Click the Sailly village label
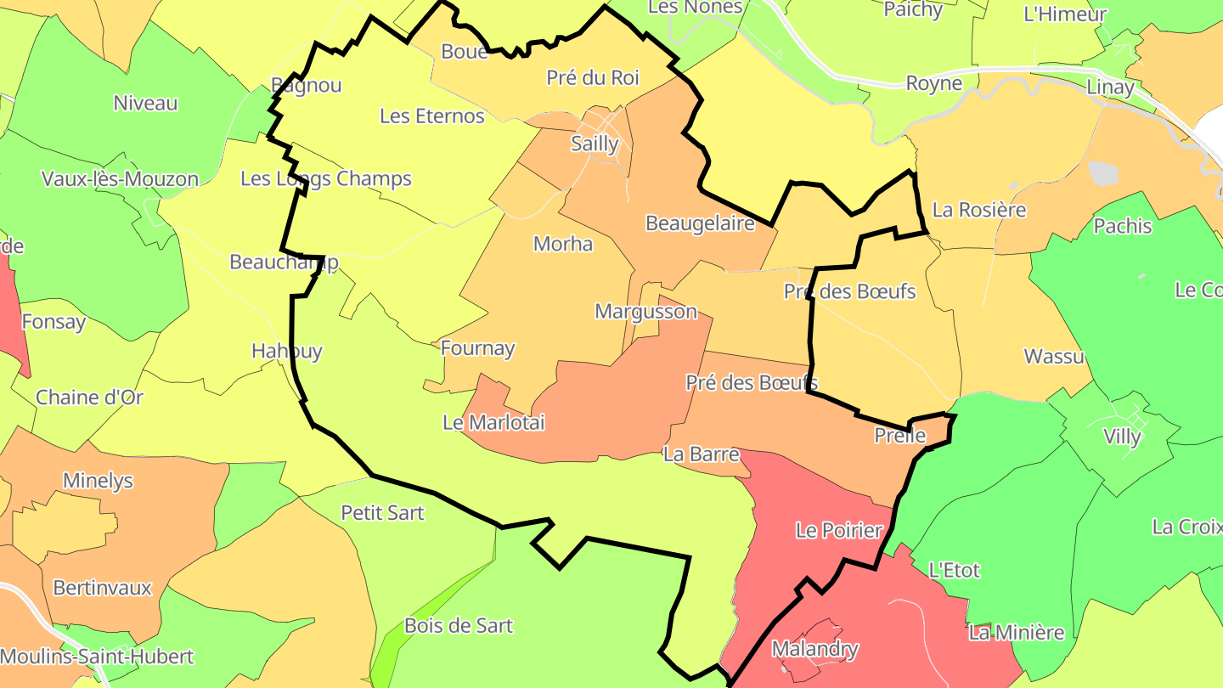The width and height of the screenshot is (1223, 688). click(x=595, y=144)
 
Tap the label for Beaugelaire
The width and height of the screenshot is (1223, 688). click(x=700, y=223)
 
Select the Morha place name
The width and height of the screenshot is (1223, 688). click(x=563, y=245)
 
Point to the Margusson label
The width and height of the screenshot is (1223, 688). click(x=645, y=312)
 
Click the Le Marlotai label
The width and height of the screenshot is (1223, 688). click(x=493, y=422)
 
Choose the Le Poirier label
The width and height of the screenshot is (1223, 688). click(x=839, y=531)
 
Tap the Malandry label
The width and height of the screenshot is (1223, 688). click(x=814, y=650)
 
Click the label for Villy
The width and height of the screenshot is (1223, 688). click(x=1122, y=437)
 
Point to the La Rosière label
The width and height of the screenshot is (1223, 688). click(x=979, y=210)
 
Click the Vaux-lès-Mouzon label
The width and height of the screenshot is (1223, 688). click(x=120, y=179)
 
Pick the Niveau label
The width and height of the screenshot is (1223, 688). click(x=146, y=104)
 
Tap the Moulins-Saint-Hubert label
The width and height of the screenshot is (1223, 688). click(x=97, y=657)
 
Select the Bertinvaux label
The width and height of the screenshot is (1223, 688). click(x=102, y=588)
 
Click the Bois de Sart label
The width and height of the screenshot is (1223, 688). click(x=459, y=626)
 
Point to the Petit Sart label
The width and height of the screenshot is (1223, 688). click(x=382, y=513)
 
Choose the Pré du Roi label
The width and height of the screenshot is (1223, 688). click(x=593, y=78)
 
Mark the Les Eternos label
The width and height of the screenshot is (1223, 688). click(x=432, y=116)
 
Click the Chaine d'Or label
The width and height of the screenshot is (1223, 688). click(x=90, y=397)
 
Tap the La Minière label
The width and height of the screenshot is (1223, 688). click(x=1017, y=633)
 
